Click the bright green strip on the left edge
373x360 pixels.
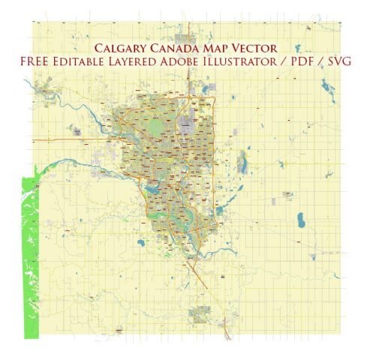coord(30,256)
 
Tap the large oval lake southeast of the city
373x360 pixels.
coord(301,221)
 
